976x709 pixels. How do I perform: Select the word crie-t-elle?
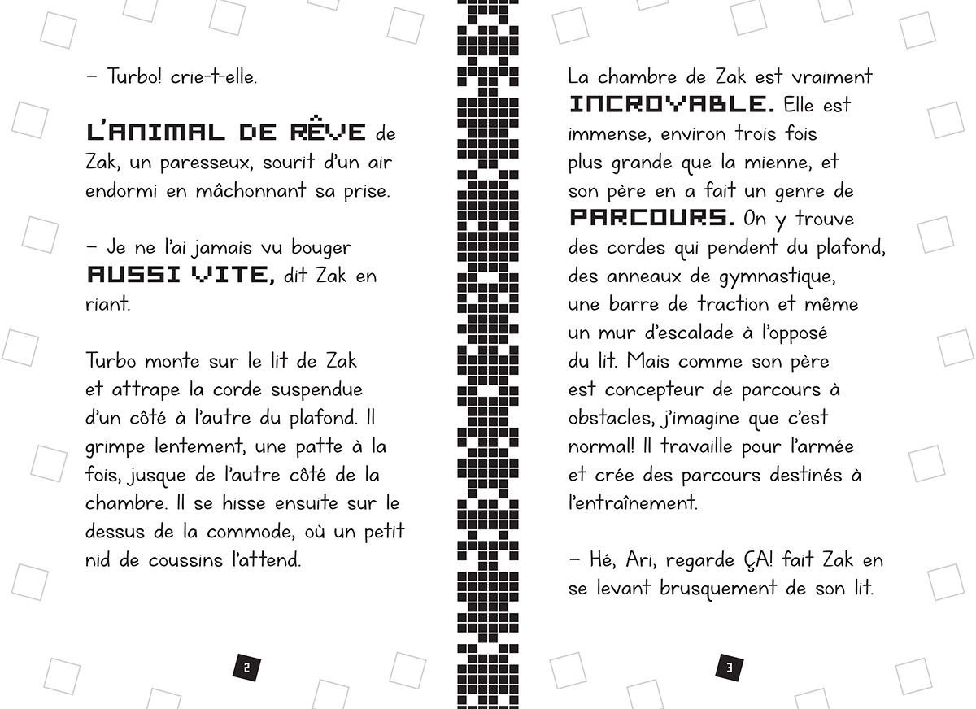[215, 77]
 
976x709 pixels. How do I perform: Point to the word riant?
[107, 303]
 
